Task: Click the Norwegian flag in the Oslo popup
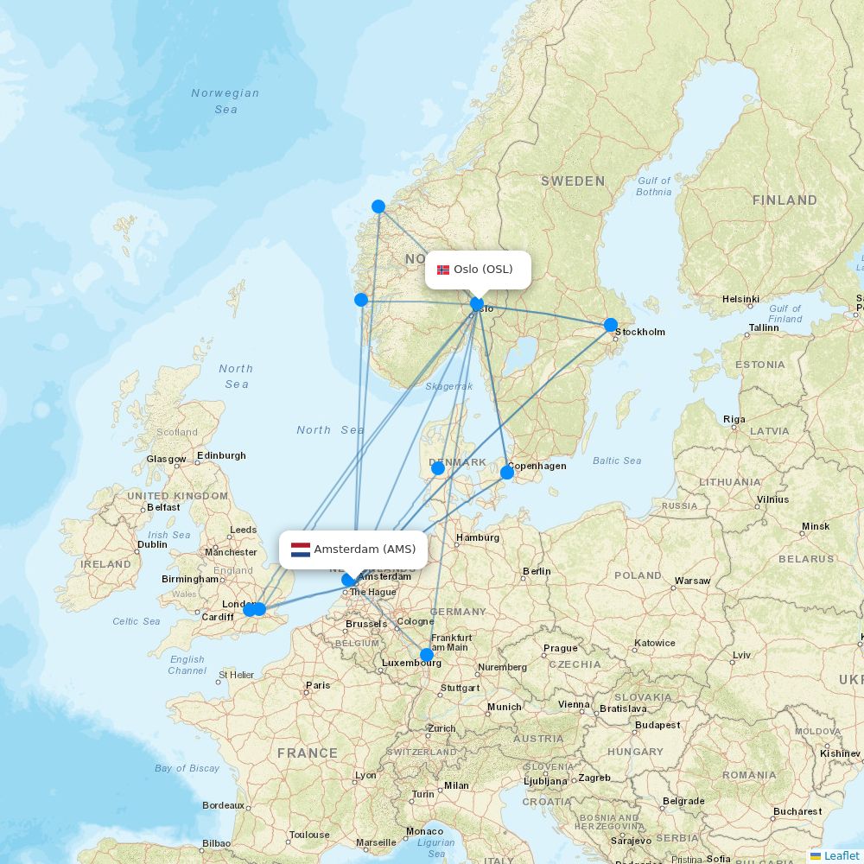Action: [x=443, y=270]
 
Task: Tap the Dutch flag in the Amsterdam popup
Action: [x=301, y=550]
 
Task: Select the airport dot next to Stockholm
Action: [x=611, y=325]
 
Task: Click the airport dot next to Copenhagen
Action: [x=507, y=472]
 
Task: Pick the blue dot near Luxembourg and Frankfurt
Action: [x=427, y=655]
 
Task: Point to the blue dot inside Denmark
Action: [x=438, y=468]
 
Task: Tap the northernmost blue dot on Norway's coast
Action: [x=378, y=206]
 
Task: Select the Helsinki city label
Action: [x=740, y=299]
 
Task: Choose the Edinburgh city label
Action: [x=221, y=455]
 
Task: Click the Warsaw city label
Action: [x=692, y=581]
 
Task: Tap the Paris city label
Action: [x=317, y=685]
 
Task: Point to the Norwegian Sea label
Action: [x=226, y=101]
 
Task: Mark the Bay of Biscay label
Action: [x=187, y=768]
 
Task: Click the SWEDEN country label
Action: [x=573, y=181]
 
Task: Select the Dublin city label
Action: [x=152, y=545]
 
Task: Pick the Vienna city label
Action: [x=573, y=704]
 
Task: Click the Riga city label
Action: [x=734, y=419]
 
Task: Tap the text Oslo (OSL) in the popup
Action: [x=483, y=270]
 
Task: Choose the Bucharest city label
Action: [x=797, y=811]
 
